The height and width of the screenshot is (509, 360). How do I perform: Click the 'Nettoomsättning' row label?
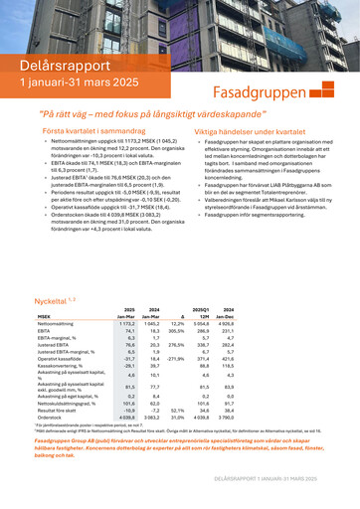(x=57, y=296)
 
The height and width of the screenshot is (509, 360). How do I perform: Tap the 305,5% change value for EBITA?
(x=177, y=303)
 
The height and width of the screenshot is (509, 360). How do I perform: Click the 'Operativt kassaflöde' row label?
(x=60, y=329)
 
